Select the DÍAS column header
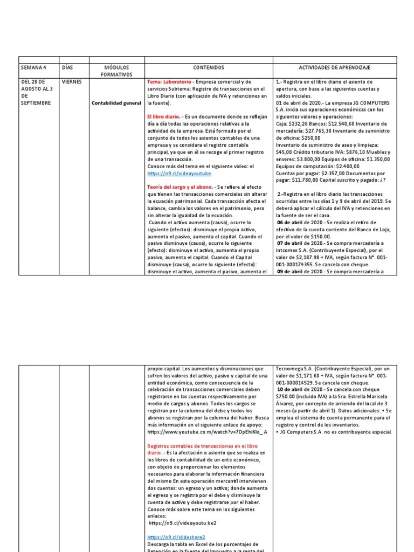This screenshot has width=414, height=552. [x=67, y=67]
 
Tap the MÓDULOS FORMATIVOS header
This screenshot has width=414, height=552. [x=116, y=71]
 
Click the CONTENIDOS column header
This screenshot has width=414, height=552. [x=208, y=67]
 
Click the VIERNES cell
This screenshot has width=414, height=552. [x=72, y=81]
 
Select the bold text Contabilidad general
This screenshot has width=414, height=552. [x=116, y=102]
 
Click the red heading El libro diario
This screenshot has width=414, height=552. [x=164, y=116]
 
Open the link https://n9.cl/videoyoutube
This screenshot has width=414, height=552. [x=180, y=174]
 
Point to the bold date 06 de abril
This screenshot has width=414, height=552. [x=291, y=222]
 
